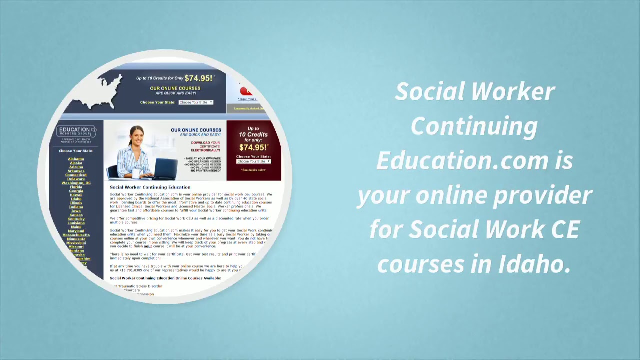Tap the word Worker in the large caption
click(512, 92)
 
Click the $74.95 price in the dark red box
click(253, 147)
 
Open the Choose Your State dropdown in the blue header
click(196, 102)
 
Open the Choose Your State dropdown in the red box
click(253, 161)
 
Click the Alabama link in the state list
click(76, 159)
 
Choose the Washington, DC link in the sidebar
click(76, 183)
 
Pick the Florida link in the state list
click(76, 187)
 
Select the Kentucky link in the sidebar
click(76, 219)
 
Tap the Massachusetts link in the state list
click(76, 235)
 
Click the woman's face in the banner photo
click(136, 135)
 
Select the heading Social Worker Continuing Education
click(150, 187)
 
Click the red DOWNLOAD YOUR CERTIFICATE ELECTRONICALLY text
click(205, 146)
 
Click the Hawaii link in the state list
click(76, 195)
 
